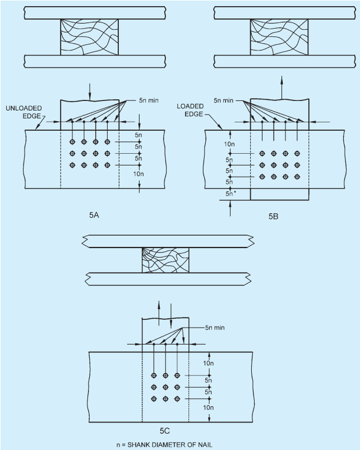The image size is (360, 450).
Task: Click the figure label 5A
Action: coord(94,215)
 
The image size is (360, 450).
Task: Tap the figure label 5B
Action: coord(274,217)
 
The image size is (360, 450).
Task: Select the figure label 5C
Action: coord(165,431)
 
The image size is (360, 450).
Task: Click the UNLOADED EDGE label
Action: coord(24,112)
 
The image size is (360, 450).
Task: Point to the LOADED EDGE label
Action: coord(190,110)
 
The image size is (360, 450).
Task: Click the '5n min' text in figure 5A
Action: coord(149,100)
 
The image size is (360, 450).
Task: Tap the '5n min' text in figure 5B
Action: coord(224,100)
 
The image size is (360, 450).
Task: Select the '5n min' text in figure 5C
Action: coord(215,328)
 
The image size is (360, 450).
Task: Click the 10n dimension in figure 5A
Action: coord(139,174)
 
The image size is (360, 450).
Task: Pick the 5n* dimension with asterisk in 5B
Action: coord(230,194)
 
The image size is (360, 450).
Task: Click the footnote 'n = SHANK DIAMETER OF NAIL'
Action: coord(164,445)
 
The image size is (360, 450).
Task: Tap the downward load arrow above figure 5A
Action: coord(90,92)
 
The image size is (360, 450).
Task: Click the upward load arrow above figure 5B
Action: coord(282,88)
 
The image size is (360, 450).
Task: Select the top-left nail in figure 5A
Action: coord(72,142)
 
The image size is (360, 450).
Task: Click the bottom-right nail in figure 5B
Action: coord(297,177)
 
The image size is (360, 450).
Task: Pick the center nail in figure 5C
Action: coord(165,387)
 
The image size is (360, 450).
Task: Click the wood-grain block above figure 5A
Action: coord(89,37)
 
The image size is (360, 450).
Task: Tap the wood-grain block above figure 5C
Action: coord(165,260)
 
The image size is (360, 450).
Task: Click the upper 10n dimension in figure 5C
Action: coord(209,364)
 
